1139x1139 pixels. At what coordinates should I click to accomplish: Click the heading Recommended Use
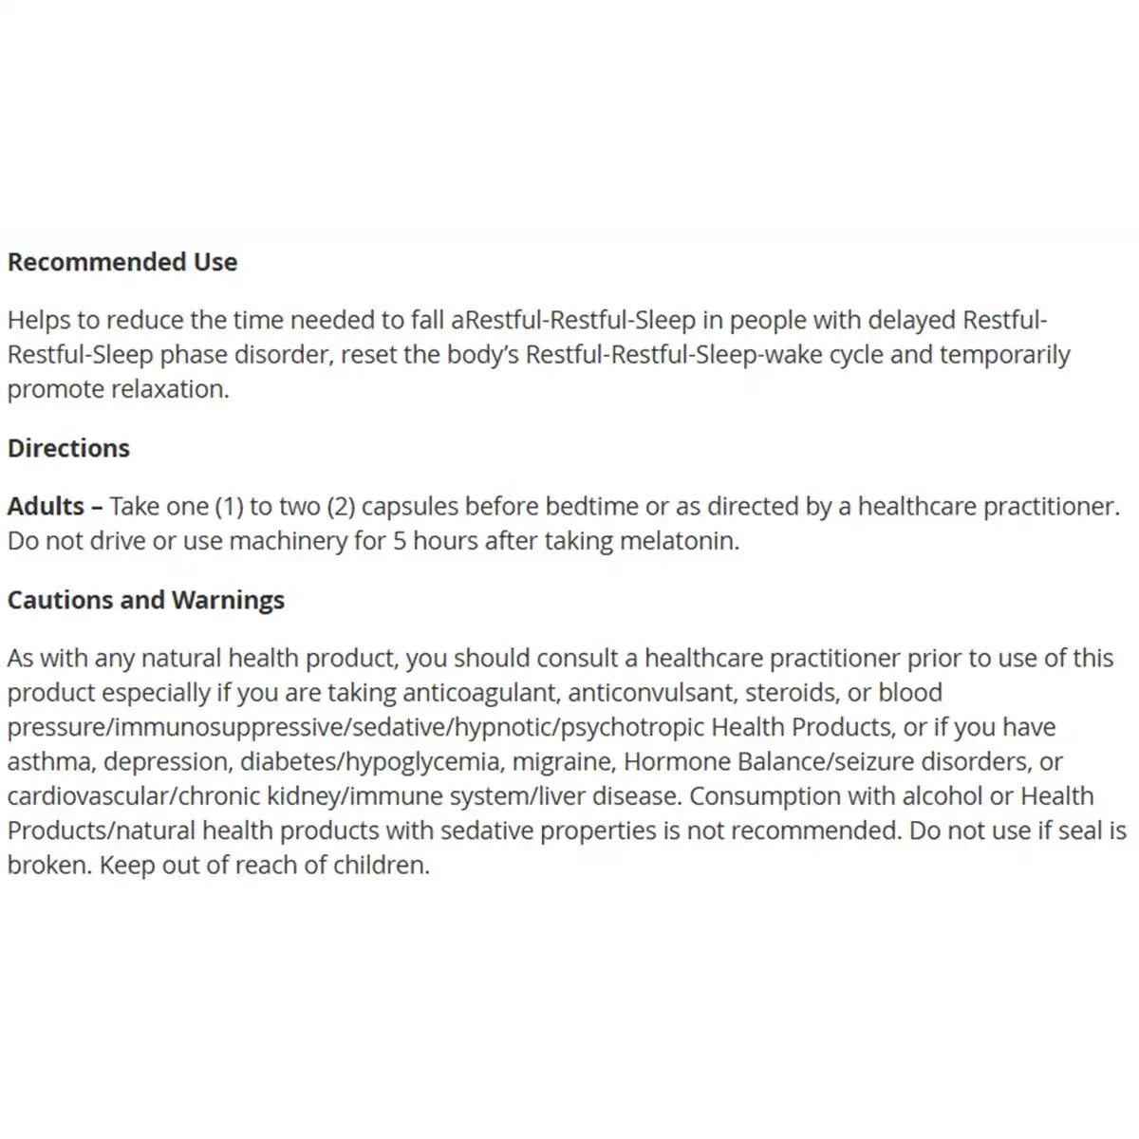[122, 262]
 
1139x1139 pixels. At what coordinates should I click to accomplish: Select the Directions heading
[68, 448]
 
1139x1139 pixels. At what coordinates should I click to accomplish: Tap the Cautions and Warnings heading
[146, 600]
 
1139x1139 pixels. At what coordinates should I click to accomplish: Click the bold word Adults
[47, 506]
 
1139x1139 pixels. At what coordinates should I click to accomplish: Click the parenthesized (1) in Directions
[229, 506]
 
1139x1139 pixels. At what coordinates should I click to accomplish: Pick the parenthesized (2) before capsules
[341, 506]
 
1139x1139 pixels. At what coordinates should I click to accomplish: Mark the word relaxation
[172, 389]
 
